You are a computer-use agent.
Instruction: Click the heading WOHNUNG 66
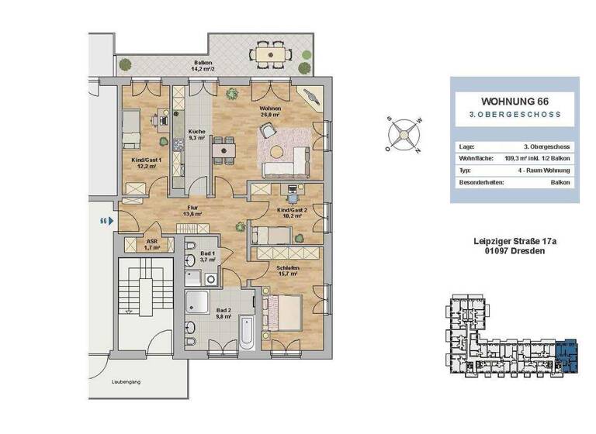[515, 102]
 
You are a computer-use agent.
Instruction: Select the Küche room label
[197, 136]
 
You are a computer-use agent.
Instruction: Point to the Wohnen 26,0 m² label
[271, 112]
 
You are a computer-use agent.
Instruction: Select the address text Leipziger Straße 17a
[515, 242]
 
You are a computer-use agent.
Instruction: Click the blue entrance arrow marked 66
[110, 221]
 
